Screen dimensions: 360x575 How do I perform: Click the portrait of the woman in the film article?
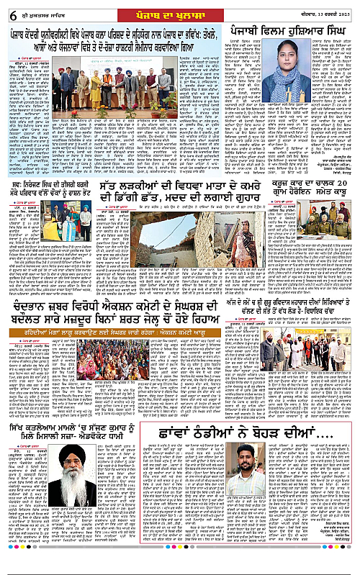point(292,70)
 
